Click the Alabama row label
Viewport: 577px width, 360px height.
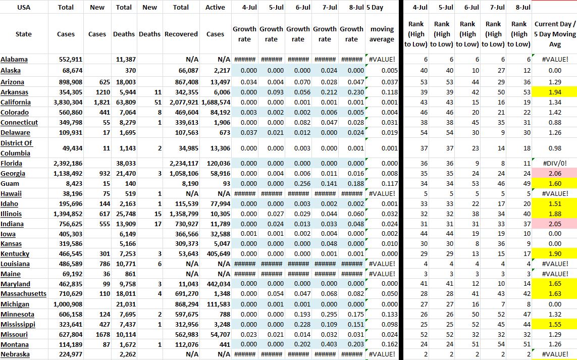[x=14, y=60]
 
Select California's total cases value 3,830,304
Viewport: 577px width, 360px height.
[x=66, y=102]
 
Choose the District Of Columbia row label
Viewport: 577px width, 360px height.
[x=16, y=148]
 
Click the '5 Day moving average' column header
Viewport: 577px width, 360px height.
[x=382, y=34]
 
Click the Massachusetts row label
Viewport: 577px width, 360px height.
[x=24, y=294]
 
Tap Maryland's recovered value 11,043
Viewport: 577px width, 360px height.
[x=187, y=284]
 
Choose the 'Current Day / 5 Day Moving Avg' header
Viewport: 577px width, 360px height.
[x=555, y=34]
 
